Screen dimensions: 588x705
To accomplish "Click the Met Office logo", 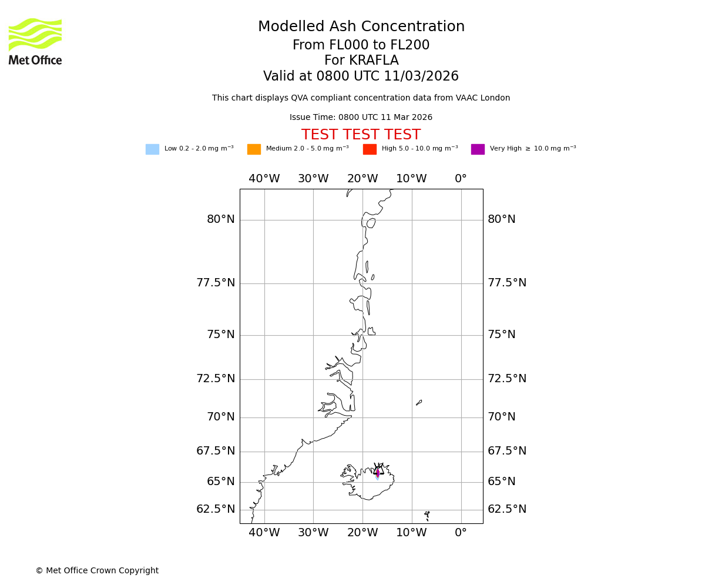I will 35,41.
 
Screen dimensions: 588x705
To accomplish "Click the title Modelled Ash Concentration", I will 361,27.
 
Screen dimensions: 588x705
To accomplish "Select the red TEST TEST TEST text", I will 361,135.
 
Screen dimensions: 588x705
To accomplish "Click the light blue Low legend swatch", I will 152,149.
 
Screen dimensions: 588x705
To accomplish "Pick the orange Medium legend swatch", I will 254,149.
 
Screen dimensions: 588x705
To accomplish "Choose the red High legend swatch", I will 370,149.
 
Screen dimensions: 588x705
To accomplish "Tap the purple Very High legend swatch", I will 478,149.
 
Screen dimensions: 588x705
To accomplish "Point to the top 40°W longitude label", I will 264,179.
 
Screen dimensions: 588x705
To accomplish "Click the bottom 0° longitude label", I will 461,533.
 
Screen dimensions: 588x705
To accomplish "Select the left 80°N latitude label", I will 221,220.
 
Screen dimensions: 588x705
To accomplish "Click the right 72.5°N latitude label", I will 506,379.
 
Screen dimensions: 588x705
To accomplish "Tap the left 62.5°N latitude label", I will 216,510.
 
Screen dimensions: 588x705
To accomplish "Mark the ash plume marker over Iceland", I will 378,473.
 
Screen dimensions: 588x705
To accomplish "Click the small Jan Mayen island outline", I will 419,403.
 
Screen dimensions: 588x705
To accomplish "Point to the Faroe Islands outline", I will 427,516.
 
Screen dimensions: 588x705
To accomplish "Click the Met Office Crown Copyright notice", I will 97,571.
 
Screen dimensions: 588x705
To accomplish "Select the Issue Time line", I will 361,118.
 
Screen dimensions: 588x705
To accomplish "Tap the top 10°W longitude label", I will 411,179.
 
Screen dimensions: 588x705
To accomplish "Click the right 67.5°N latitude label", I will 506,452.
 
